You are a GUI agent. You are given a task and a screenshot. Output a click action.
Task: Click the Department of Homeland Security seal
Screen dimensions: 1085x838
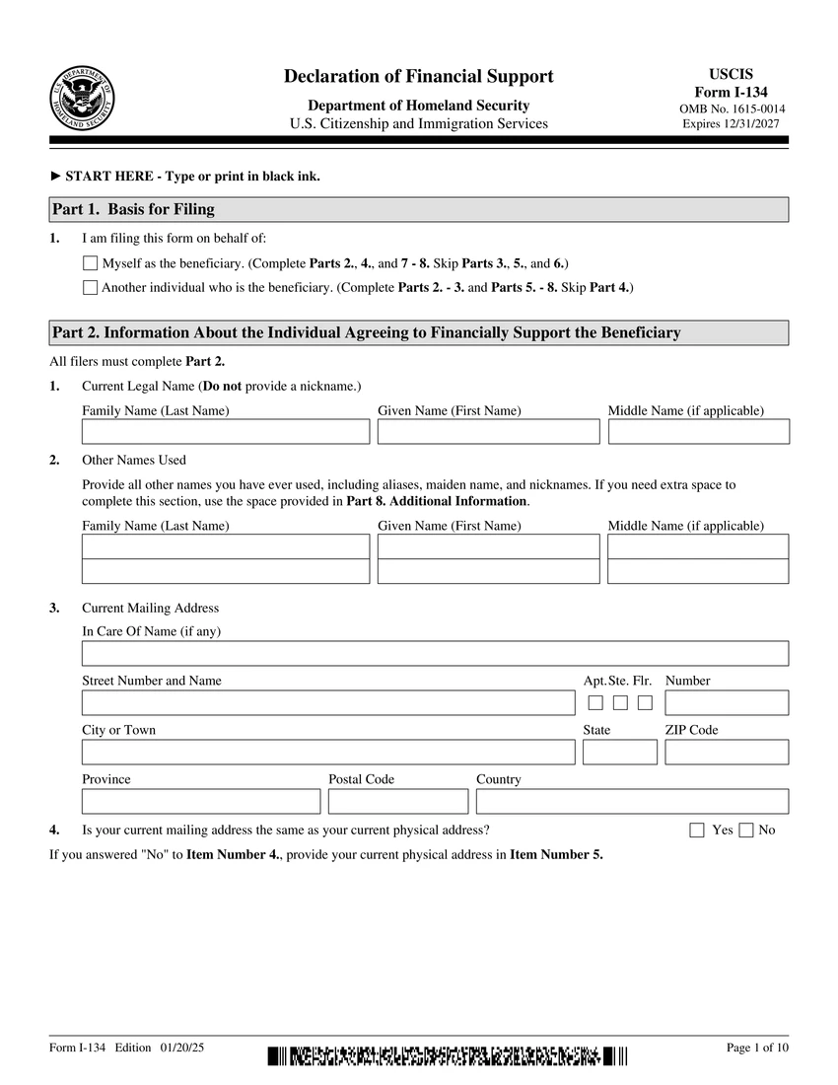(x=82, y=99)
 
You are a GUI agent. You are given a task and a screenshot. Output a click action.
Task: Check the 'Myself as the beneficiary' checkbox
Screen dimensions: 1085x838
(x=91, y=263)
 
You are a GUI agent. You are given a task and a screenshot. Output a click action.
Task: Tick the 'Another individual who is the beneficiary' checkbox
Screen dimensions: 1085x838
(x=91, y=288)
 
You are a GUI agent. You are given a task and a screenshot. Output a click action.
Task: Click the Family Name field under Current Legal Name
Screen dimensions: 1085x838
(x=226, y=432)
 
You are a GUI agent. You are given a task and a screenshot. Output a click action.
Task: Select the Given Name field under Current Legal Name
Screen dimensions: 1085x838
(x=488, y=432)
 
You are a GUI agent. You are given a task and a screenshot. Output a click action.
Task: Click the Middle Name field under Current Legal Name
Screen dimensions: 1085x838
(x=698, y=432)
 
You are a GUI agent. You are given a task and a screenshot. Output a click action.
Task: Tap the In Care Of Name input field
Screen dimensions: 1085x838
(x=435, y=653)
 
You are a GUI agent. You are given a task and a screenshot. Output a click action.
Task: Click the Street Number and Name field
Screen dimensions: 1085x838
(x=327, y=702)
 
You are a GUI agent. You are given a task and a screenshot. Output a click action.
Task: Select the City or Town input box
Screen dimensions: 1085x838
(x=327, y=752)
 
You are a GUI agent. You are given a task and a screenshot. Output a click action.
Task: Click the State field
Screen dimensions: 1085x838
(x=619, y=752)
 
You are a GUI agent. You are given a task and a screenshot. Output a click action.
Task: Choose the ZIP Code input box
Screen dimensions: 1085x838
(x=727, y=752)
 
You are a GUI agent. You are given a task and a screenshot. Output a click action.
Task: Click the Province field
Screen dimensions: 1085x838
(x=201, y=801)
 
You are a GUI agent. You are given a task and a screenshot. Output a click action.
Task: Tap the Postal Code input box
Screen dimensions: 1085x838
(x=398, y=801)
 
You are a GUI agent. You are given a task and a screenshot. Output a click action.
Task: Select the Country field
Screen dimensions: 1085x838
(x=632, y=801)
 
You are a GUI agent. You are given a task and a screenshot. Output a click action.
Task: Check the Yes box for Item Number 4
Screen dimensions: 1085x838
(x=697, y=831)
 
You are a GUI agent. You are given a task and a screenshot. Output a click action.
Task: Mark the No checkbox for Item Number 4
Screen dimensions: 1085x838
(x=746, y=831)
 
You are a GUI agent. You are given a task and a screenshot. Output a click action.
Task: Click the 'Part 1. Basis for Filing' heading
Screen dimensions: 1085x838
(x=133, y=209)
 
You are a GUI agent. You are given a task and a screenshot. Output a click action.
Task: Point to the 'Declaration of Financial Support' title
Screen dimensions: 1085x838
(x=419, y=77)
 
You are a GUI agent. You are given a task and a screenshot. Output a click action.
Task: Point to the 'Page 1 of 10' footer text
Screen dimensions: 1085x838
(x=756, y=1048)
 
